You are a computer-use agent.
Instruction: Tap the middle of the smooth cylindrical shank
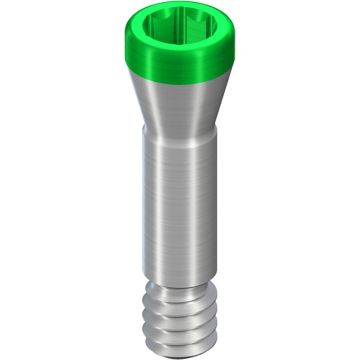pos(180,202)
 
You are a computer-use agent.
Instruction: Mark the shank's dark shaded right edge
pos(214,202)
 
